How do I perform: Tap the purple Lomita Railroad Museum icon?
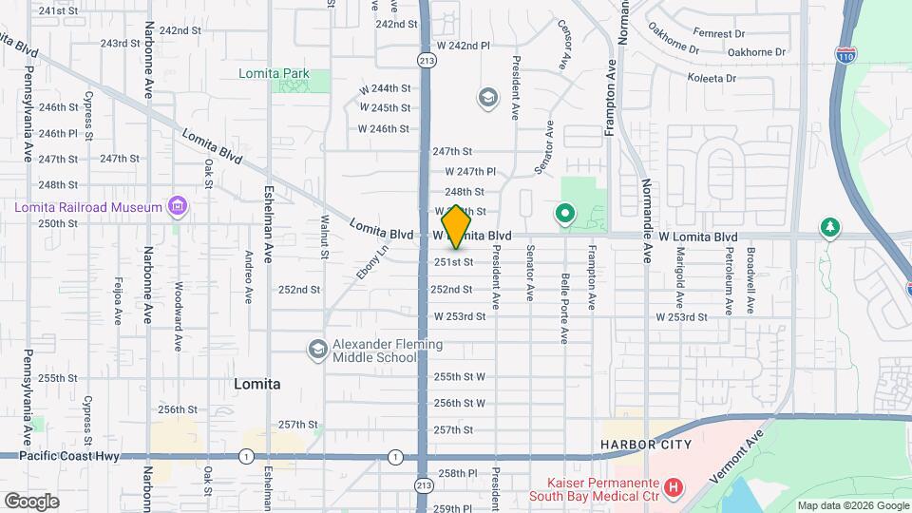[176, 205]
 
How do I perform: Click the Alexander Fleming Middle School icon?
[315, 351]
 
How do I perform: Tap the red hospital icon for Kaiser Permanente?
[674, 488]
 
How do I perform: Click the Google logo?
[31, 501]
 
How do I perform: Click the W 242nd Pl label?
[463, 45]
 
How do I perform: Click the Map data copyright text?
[851, 505]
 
